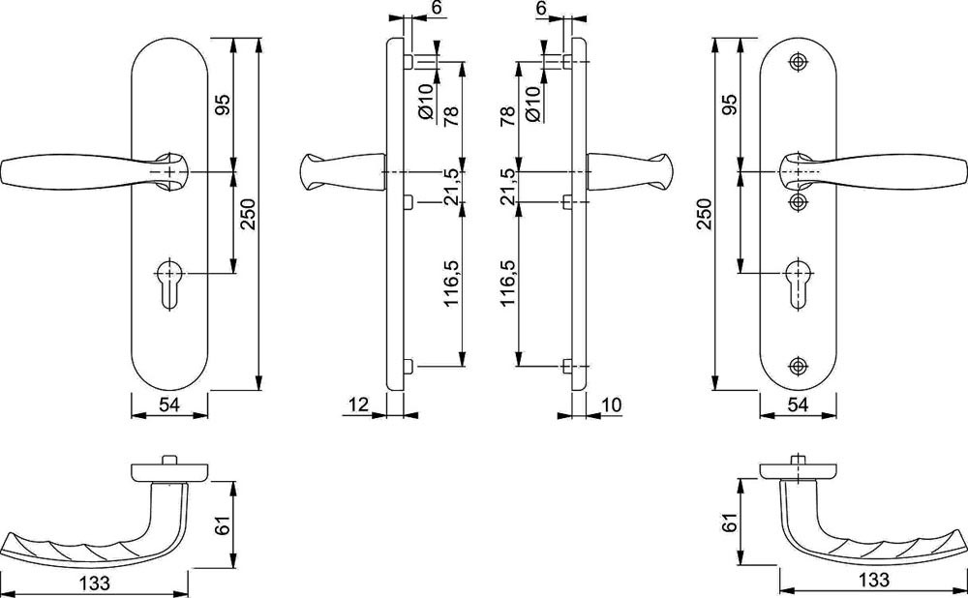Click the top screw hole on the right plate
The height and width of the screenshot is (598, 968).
[x=799, y=61]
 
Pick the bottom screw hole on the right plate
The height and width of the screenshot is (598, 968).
[x=799, y=366]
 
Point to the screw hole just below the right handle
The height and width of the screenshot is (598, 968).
[x=799, y=200]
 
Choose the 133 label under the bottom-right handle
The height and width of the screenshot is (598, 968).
[x=873, y=582]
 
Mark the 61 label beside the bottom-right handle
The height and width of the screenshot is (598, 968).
[x=732, y=523]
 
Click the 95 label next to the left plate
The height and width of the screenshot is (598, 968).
[x=221, y=105]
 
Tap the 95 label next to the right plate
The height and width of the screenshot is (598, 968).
[x=730, y=105]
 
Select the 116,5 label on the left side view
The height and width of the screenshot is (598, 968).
[x=450, y=284]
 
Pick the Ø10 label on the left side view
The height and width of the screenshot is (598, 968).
[x=425, y=100]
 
